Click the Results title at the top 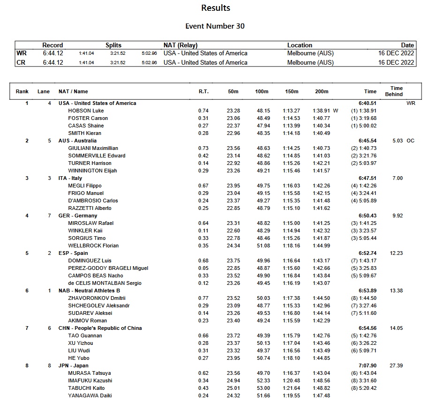pos(216,8)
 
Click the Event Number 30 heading pos(215,26)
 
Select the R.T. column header pos(203,92)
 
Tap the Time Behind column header pos(396,91)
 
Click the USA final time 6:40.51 pos(368,103)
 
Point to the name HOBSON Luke pos(86,111)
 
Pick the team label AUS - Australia pos(77,141)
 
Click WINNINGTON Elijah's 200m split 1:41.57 pos(322,171)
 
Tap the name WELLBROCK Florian pos(93,246)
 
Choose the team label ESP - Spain pos(73,253)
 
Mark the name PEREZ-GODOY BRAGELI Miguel pos(108,268)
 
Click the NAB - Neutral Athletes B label pos(89,291)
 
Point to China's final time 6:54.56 pos(368,328)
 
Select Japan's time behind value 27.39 pos(396,365)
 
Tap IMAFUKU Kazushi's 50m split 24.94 pos(233,380)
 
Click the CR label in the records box pos(21,62)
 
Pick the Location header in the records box pos(300,45)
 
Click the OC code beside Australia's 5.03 pos(411,141)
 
